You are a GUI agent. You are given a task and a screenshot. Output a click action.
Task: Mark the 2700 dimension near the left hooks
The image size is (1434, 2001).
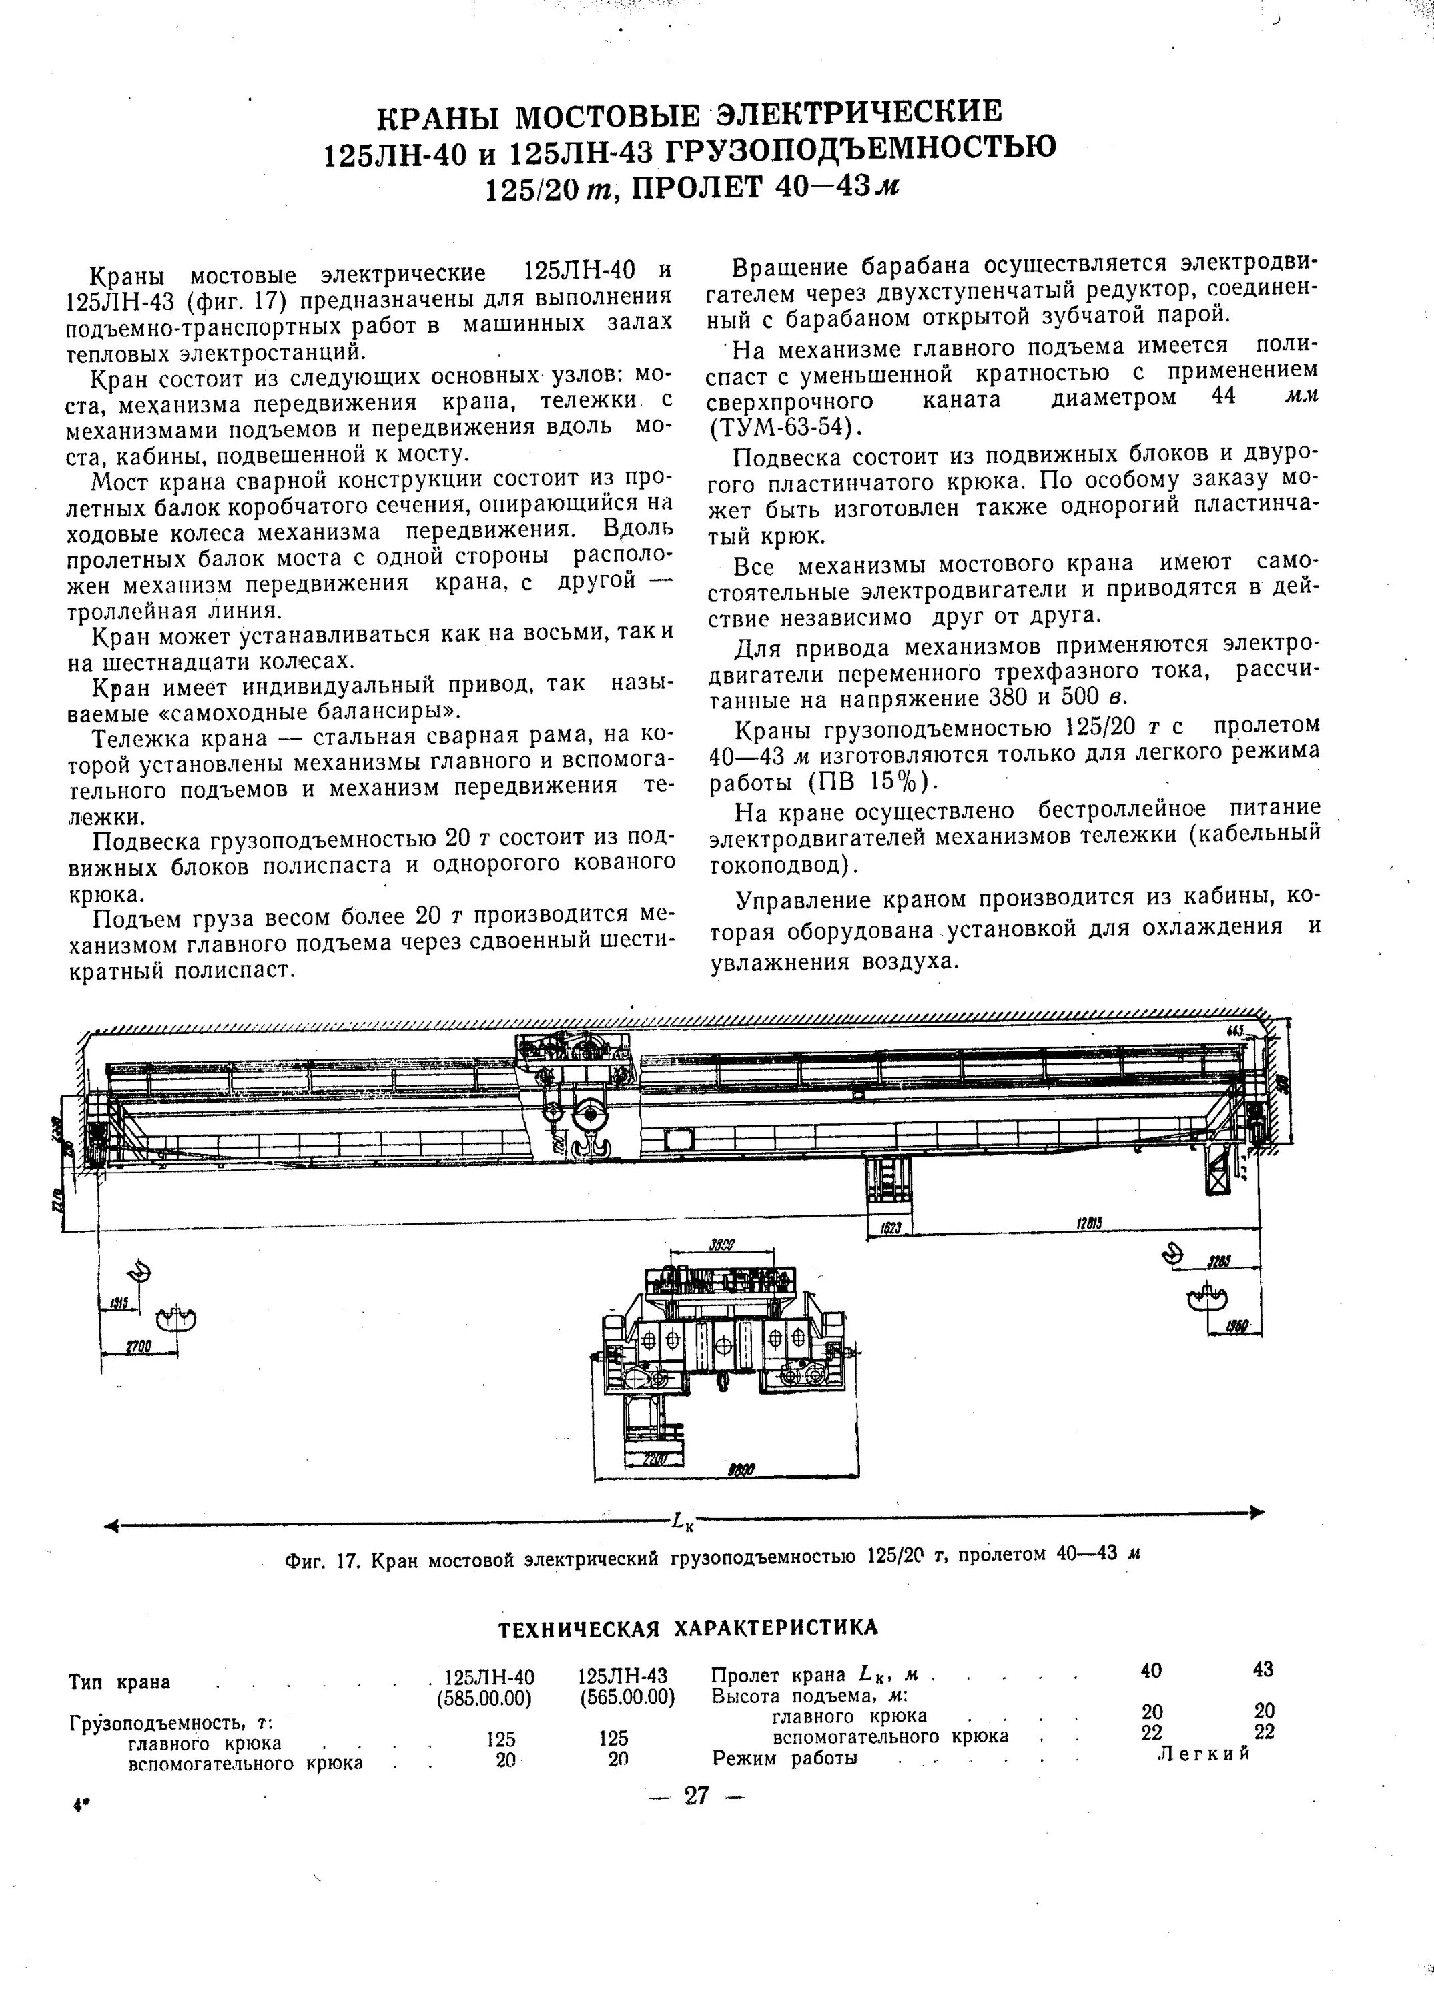[x=139, y=1347]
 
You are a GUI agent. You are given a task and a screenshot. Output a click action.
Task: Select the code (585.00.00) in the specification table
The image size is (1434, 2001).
[x=484, y=1697]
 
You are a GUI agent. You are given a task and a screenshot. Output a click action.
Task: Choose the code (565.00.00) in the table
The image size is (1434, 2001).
[x=627, y=1697]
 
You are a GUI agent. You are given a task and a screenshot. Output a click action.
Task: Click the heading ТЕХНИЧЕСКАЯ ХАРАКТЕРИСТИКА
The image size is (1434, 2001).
[x=689, y=1627]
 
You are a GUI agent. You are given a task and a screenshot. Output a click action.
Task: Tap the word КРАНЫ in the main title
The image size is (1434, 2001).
[x=442, y=115]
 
